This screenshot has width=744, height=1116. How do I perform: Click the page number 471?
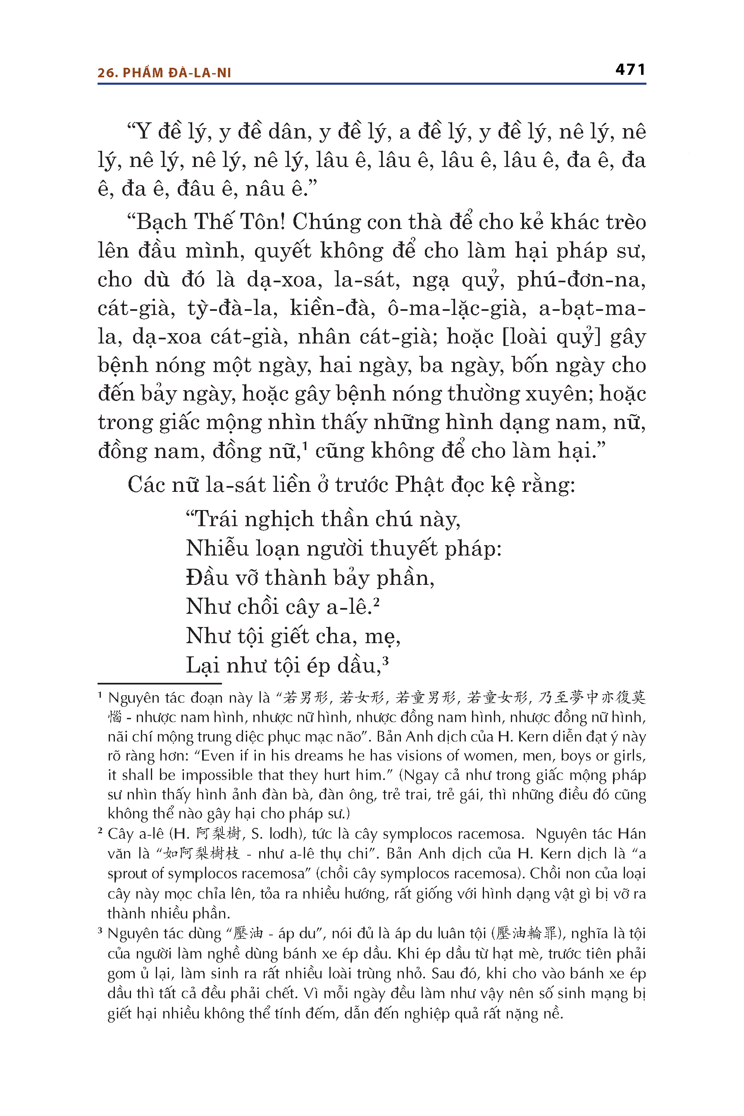(630, 70)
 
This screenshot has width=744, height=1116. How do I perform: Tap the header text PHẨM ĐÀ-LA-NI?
(176, 73)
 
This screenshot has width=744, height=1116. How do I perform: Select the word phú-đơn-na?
(581, 279)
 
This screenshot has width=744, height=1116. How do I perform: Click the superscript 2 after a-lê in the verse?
(376, 602)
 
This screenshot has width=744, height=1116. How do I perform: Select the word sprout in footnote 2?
(129, 873)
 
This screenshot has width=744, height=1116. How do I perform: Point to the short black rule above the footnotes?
(160, 684)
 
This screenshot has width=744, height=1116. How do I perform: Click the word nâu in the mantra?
(264, 189)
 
